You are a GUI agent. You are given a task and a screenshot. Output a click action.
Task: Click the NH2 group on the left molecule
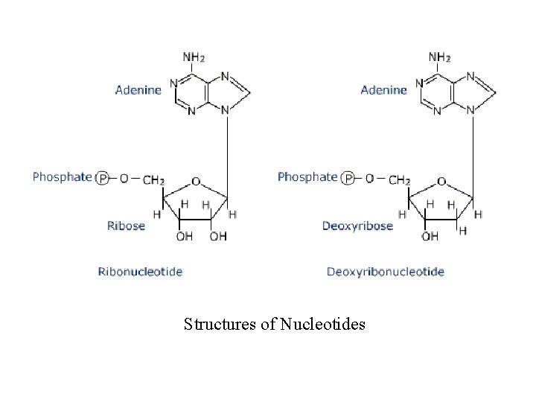click(x=194, y=57)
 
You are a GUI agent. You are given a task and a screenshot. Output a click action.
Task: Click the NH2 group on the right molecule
click(x=439, y=57)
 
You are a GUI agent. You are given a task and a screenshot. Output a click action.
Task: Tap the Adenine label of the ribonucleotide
click(x=138, y=90)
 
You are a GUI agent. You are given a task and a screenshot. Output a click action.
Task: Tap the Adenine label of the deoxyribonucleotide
click(x=383, y=90)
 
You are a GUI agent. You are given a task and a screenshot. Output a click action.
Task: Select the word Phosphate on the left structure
click(x=62, y=177)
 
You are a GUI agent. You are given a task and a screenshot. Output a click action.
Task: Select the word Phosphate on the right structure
click(x=307, y=177)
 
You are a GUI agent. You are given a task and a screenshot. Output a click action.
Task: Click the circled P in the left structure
click(x=103, y=178)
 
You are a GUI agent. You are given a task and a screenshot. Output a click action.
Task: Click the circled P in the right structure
click(x=348, y=178)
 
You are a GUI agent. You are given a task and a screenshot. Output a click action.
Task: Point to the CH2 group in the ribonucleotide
click(x=153, y=179)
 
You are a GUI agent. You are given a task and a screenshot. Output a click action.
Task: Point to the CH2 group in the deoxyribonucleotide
click(x=398, y=179)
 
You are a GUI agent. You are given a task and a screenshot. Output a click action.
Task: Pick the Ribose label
click(x=127, y=226)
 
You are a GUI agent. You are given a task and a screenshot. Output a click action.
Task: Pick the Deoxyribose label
click(x=357, y=226)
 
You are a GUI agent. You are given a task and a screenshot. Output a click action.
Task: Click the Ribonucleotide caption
click(x=140, y=272)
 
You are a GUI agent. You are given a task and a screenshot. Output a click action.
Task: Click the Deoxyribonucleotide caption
click(x=386, y=272)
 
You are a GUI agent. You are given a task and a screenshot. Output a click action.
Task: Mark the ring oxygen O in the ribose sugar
click(x=195, y=181)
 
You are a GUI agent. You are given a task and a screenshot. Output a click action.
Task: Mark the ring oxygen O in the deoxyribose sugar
click(x=441, y=181)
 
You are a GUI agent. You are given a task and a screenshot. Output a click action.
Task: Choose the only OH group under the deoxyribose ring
click(x=430, y=237)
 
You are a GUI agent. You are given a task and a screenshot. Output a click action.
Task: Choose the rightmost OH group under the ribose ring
click(x=217, y=237)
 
